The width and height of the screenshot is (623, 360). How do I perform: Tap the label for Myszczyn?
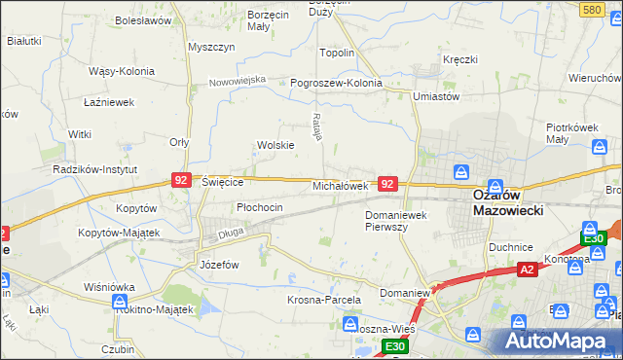pos(211,47)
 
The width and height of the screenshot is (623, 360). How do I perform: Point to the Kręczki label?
pos(459,59)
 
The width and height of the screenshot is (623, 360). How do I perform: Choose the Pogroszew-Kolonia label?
pos(337,83)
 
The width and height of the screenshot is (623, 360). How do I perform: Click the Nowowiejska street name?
pos(238,81)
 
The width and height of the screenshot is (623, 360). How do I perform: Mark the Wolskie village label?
pos(275,145)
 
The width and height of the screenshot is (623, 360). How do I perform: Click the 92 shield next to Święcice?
pos(180,180)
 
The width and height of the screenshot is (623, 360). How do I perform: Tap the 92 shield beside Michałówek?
pos(387,183)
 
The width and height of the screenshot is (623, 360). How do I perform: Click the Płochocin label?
pos(260,207)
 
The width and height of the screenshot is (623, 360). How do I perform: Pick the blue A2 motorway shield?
pos(527,269)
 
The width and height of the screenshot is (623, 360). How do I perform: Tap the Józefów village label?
pos(219,264)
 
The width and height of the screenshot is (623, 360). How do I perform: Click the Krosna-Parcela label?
pos(323,301)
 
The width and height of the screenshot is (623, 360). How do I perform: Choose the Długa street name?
pos(230,232)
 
